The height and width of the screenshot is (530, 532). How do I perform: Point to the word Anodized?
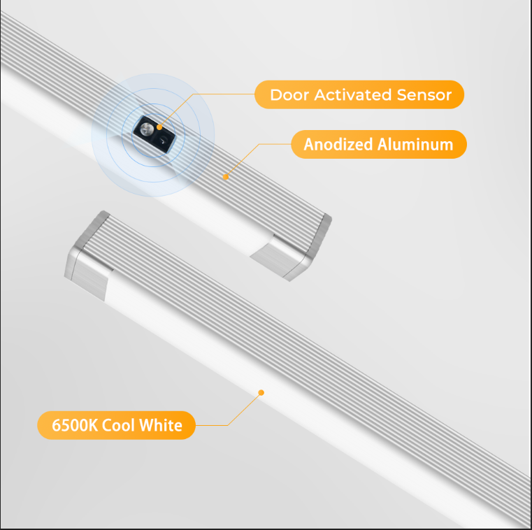(x=338, y=145)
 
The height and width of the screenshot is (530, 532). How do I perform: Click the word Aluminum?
(x=415, y=145)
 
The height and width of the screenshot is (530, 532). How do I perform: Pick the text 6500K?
(x=75, y=425)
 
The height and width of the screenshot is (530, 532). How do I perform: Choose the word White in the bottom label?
(x=161, y=425)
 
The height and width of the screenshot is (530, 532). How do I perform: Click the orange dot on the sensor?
(x=159, y=127)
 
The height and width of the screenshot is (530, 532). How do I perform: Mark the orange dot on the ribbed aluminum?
(x=225, y=177)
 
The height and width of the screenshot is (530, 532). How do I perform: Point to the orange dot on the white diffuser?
(x=261, y=392)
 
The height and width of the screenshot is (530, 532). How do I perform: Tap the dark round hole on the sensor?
(x=163, y=141)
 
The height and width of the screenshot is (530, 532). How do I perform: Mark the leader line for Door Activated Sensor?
(x=210, y=94)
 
